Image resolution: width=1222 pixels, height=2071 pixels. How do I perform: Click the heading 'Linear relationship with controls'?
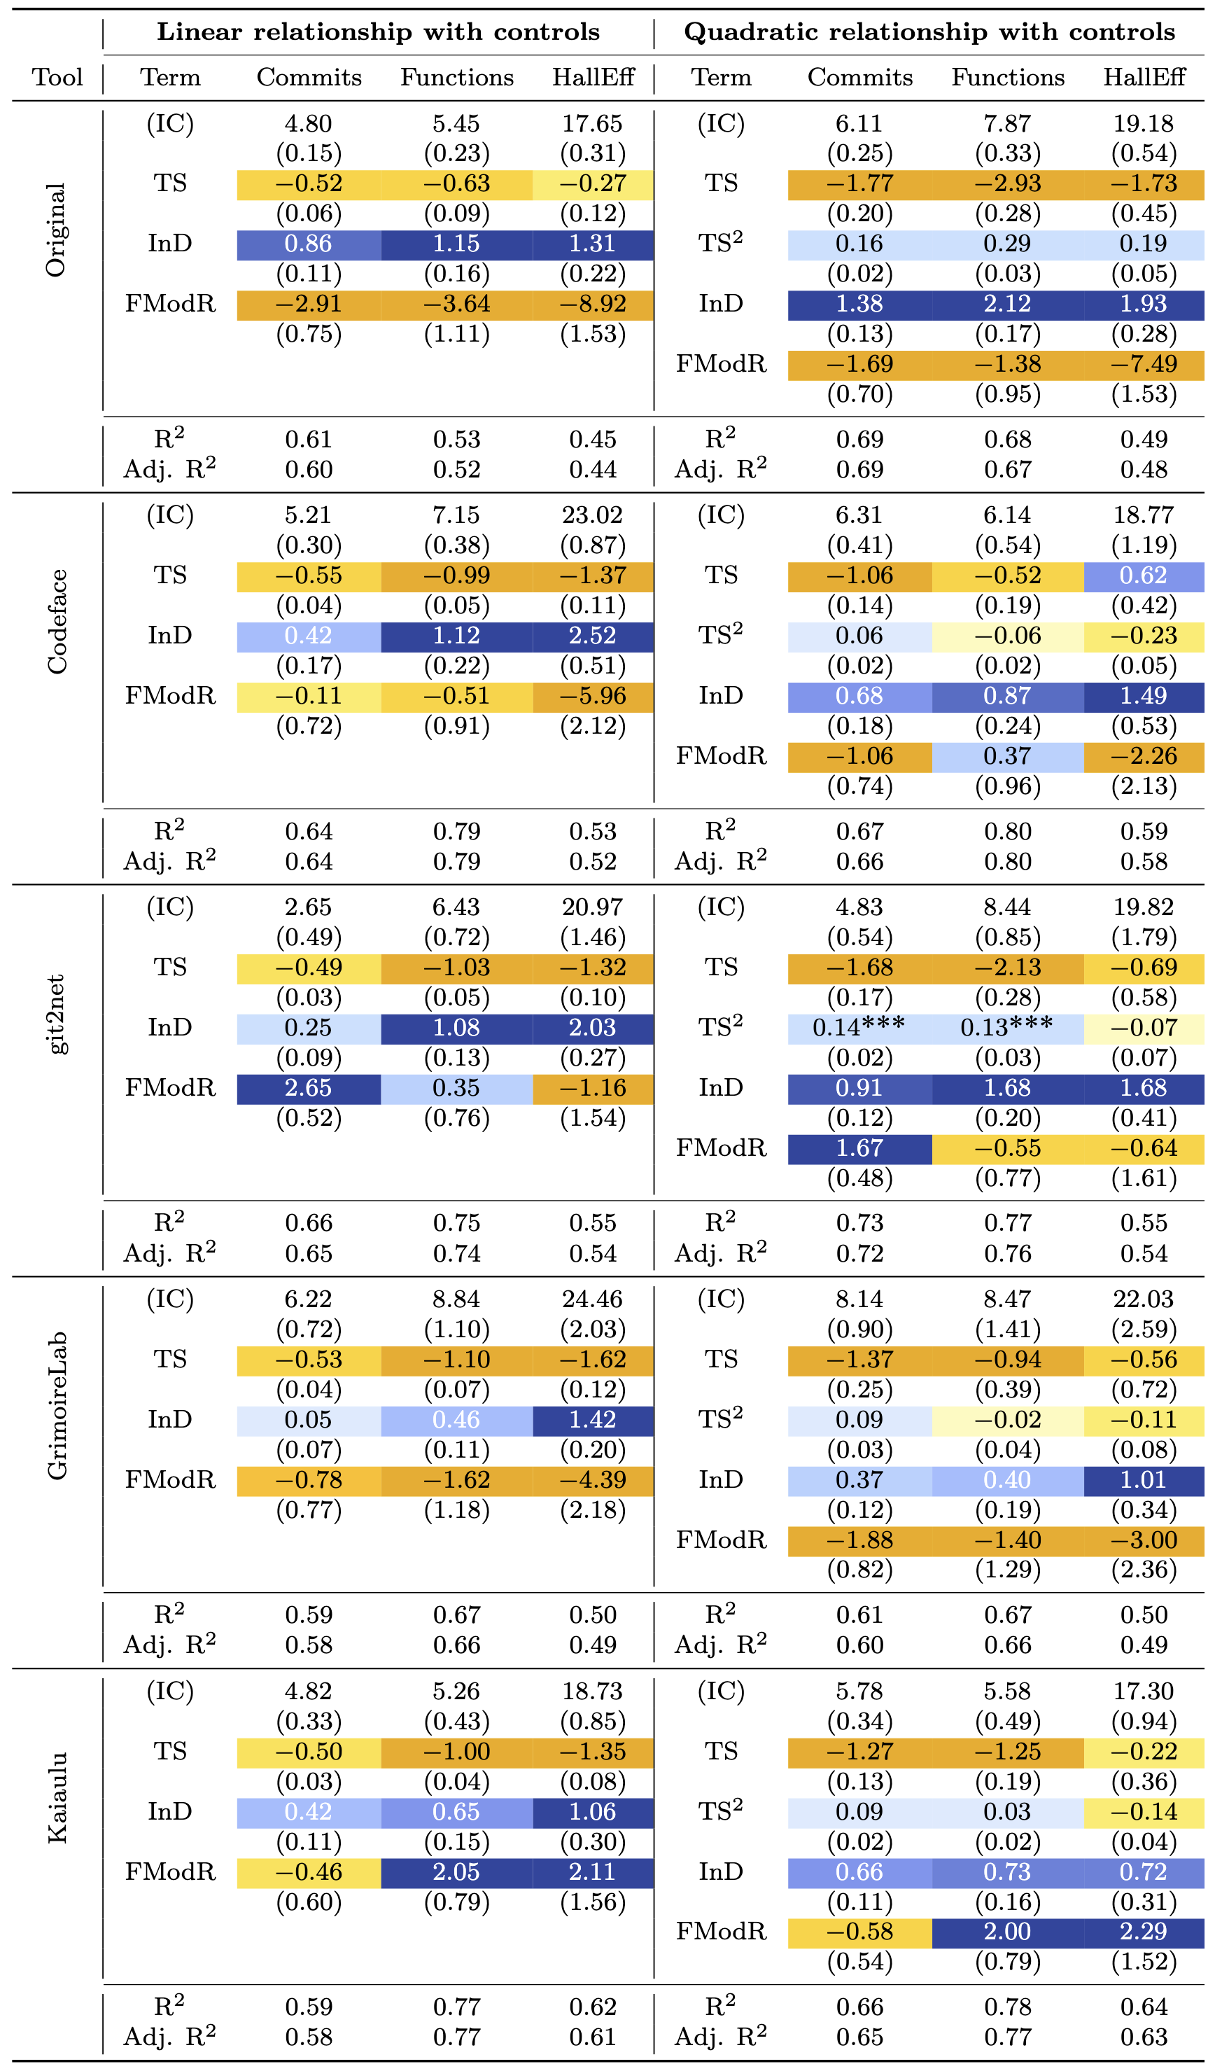click(378, 32)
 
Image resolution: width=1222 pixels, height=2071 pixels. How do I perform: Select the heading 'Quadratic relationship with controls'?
click(929, 32)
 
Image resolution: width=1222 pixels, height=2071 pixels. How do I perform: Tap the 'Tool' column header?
click(57, 78)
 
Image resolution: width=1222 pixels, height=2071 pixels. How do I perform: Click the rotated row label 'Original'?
click(55, 230)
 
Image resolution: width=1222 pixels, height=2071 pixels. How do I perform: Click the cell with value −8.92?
click(592, 304)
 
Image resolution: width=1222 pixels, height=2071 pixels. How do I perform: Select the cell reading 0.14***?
click(859, 1027)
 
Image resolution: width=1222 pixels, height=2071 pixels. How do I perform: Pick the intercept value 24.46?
click(592, 1299)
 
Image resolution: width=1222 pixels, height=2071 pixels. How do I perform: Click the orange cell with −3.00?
click(1143, 1540)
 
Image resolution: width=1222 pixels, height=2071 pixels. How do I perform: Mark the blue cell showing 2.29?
click(1143, 1932)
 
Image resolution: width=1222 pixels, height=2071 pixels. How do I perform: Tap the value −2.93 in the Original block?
click(1007, 183)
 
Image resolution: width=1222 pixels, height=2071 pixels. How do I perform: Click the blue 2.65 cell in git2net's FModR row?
click(308, 1087)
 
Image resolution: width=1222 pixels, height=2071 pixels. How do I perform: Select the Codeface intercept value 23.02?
click(592, 515)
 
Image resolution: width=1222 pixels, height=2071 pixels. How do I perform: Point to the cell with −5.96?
click(592, 696)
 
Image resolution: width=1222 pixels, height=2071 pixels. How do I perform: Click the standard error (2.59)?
click(1143, 1329)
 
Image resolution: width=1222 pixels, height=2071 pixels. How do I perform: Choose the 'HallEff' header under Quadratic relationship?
click(1143, 78)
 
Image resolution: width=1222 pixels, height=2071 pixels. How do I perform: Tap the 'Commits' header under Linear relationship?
click(309, 78)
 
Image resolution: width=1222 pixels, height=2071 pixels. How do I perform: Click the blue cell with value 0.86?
click(308, 244)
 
